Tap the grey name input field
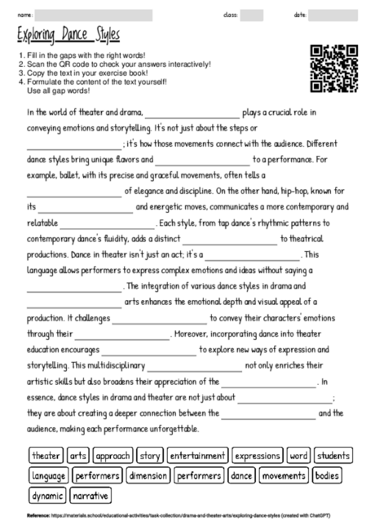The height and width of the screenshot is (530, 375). [94, 15]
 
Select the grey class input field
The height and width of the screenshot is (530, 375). [251, 15]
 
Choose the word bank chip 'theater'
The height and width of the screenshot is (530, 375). [46, 455]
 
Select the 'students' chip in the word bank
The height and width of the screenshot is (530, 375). [333, 455]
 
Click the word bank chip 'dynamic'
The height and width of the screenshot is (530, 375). [47, 494]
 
